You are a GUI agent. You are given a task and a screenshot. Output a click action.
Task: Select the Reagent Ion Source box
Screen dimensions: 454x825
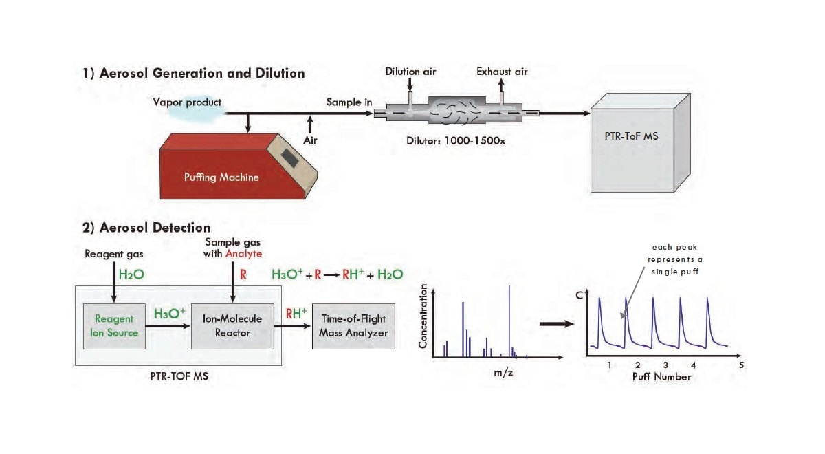[x=112, y=325]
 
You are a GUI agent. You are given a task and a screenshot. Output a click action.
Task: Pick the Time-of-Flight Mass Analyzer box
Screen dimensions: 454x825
[x=353, y=325]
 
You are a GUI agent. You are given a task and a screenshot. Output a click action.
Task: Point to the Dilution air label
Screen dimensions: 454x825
[x=410, y=72]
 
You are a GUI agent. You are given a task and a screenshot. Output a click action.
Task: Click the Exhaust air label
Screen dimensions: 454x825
[x=502, y=72]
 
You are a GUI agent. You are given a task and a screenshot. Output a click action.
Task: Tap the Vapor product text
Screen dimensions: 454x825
[x=188, y=102]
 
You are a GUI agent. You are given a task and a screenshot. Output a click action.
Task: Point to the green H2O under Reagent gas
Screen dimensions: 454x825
[x=130, y=274]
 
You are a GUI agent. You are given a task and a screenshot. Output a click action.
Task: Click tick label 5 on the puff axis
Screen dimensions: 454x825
[x=741, y=365]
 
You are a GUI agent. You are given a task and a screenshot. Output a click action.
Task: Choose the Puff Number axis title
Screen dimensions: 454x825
[x=661, y=377]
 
